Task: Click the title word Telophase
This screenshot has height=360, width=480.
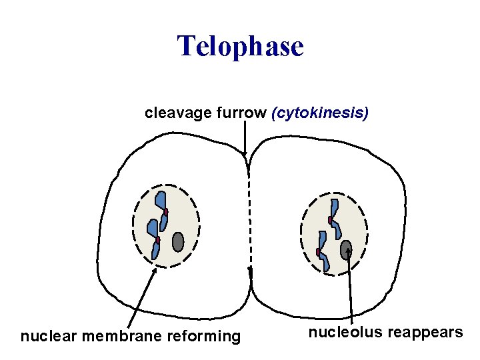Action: [240, 47]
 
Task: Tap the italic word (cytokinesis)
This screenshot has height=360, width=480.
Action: [319, 113]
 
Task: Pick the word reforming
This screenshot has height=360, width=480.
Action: [207, 336]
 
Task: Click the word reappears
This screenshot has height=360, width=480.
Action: [427, 333]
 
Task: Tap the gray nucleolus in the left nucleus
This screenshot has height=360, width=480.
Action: [178, 241]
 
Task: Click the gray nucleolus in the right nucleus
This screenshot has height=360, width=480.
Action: [346, 250]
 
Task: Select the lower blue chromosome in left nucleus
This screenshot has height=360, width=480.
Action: [154, 237]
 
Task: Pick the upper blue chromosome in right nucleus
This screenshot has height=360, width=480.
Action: [335, 217]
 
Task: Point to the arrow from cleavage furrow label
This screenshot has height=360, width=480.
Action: [245, 140]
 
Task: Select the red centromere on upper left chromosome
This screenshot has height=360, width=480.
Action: [165, 212]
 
